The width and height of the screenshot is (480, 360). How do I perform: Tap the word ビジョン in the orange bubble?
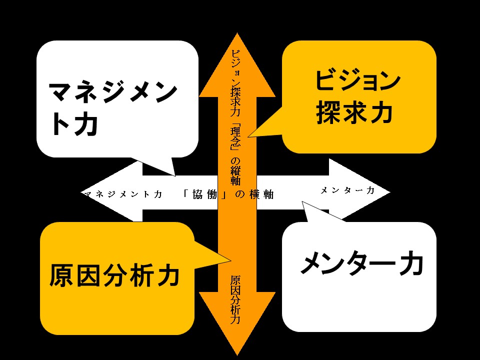(x=358, y=81)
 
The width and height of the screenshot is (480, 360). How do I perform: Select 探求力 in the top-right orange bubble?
(x=354, y=113)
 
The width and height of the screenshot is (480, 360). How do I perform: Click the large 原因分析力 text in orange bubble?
(x=114, y=274)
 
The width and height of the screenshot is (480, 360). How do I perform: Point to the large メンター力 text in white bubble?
(x=361, y=264)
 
